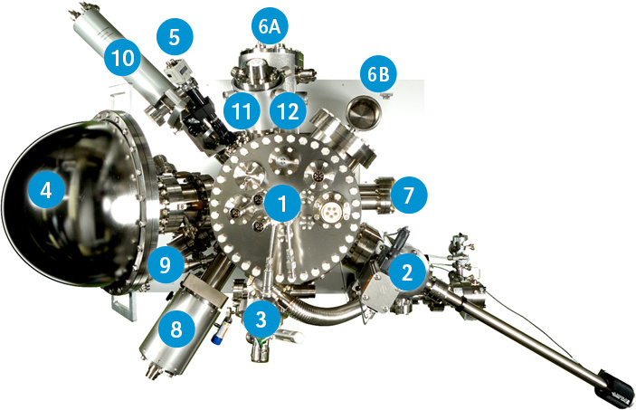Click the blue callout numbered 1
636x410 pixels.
(282, 203)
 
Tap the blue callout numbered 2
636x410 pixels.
(406, 272)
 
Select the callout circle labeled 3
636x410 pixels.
(261, 319)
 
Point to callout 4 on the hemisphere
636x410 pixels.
(47, 189)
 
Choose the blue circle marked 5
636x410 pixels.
(175, 36)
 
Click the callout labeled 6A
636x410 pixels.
(270, 26)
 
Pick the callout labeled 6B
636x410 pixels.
(378, 74)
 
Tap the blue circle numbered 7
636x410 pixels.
(408, 195)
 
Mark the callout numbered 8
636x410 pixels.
(176, 329)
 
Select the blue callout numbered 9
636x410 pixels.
(166, 264)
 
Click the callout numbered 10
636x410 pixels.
(122, 58)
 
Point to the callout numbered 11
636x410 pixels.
(242, 111)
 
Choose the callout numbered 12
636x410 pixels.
(288, 111)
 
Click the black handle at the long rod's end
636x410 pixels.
(615, 386)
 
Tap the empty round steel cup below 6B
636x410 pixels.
(365, 110)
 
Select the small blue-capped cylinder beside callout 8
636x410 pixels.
(220, 331)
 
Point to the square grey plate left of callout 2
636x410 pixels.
(378, 291)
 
